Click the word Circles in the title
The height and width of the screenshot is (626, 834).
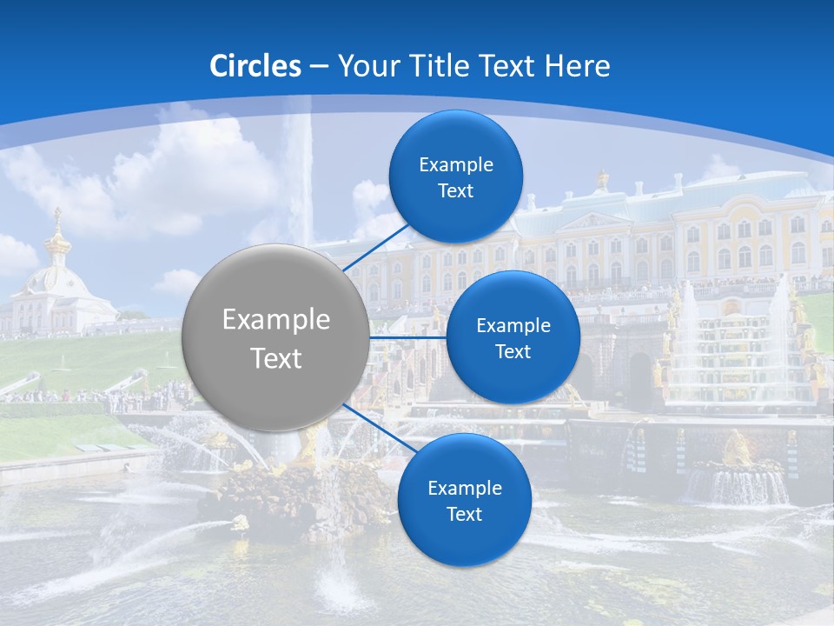coord(255,66)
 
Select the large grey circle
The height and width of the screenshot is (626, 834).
coord(275,337)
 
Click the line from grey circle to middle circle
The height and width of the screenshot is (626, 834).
coord(407,337)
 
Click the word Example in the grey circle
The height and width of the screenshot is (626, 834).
coord(275,320)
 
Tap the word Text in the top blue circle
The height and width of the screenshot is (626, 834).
coord(455,191)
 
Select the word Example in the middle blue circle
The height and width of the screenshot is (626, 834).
coord(513,326)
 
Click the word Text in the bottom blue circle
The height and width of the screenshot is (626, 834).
coord(464,515)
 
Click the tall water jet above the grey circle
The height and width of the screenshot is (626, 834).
coord(300,174)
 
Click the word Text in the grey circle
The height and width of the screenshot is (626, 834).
coord(275,358)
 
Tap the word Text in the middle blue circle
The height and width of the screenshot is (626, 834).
coord(513,352)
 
